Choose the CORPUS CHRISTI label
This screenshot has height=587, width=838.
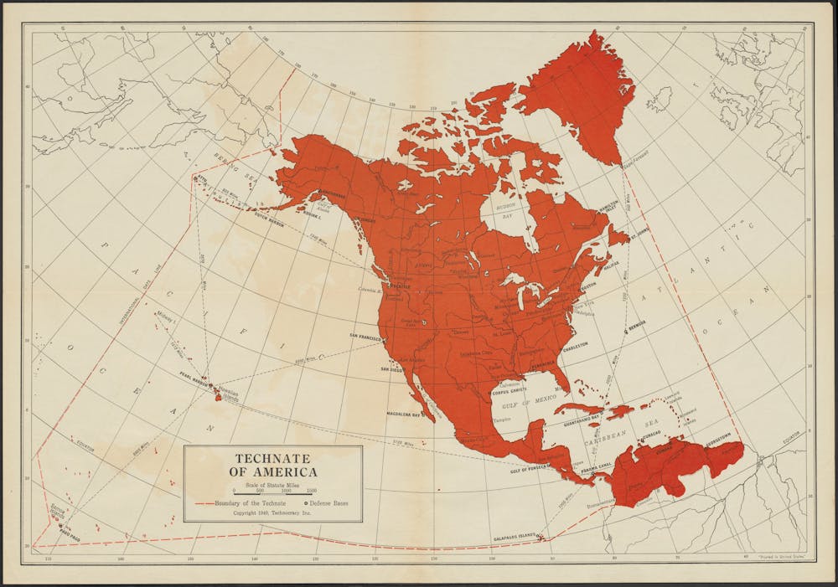[512, 391]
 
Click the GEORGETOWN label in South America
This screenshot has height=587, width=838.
[715, 434]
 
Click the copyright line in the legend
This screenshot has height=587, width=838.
[273, 513]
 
